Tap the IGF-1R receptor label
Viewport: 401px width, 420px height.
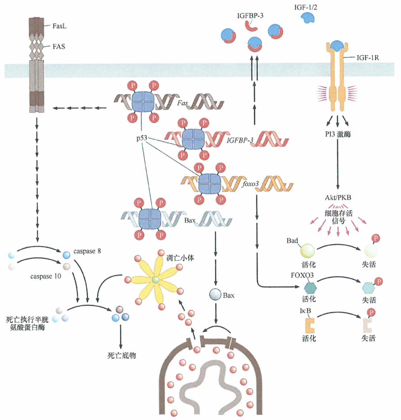tap(367, 58)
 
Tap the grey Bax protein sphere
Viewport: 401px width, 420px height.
tap(215, 295)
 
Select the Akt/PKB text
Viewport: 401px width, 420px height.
tap(338, 198)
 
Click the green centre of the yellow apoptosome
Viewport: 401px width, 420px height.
tap(156, 280)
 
